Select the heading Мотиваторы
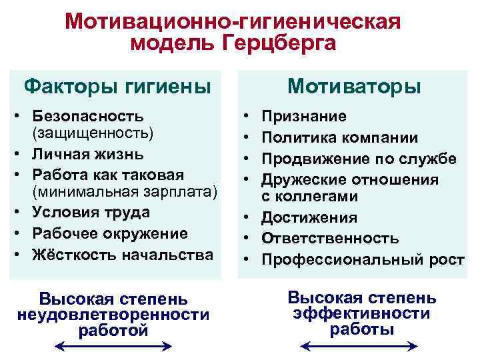[x=354, y=87]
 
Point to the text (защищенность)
[x=92, y=133]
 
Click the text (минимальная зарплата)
[x=124, y=193]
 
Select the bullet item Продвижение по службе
[x=359, y=159]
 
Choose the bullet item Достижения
[x=310, y=217]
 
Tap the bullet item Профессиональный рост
[x=363, y=260]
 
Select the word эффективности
[x=362, y=313]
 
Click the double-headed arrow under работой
[x=113, y=346]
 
